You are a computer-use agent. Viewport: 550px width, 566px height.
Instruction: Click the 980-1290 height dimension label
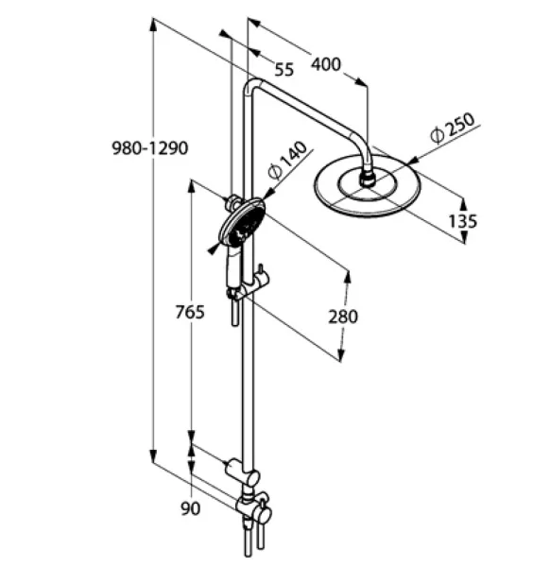tap(150, 148)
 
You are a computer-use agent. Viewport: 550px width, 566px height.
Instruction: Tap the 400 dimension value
tap(326, 64)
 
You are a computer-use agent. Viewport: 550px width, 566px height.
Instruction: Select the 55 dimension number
tap(284, 69)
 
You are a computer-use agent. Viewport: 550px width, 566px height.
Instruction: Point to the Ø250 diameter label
tap(453, 128)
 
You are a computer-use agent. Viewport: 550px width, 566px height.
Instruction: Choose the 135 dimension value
tap(463, 221)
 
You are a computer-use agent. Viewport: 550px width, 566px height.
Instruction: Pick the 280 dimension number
tap(343, 317)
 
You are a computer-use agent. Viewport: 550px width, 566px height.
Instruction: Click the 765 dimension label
tap(190, 312)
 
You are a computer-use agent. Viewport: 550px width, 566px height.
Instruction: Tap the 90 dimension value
tap(190, 508)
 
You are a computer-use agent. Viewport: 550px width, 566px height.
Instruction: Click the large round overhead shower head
tap(368, 186)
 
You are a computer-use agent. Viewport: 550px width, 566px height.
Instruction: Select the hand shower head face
tap(242, 222)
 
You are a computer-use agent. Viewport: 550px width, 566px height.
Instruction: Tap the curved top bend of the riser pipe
tap(252, 85)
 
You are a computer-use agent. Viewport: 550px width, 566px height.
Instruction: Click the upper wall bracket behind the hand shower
tap(233, 202)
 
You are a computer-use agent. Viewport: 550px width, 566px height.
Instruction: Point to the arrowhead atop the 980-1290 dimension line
tap(153, 25)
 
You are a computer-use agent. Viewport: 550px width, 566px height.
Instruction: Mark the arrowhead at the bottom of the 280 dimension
tap(341, 354)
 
